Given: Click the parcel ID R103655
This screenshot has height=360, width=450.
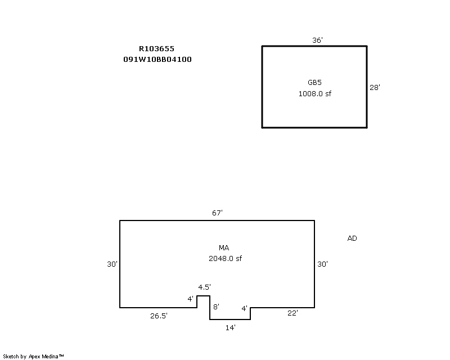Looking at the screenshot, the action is coord(156,48).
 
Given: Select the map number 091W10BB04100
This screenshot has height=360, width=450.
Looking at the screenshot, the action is coord(157,60).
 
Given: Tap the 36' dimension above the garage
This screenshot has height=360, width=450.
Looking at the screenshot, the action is coord(317,40).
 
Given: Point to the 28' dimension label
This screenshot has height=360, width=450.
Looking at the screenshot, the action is coord(375,87).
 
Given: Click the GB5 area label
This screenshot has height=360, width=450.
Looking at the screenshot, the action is coord(314,82).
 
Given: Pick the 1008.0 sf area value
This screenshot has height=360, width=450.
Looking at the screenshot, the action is coord(315,93).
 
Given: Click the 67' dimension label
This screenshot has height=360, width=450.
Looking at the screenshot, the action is coord(217,213).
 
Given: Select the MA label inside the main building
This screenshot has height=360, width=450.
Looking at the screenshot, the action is coord(224,247).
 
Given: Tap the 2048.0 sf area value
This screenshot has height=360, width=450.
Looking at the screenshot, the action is coord(226,258).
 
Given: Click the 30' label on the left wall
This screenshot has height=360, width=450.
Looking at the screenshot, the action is coord(112,264).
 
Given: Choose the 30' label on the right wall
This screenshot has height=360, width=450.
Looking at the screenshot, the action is coord(322,264).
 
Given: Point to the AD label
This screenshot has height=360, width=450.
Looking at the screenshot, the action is coord(352,238).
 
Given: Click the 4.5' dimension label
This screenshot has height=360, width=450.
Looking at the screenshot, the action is coord(204,287).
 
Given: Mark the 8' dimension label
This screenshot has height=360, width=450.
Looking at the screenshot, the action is coord(217,307).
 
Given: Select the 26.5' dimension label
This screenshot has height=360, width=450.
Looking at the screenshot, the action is coord(159,316).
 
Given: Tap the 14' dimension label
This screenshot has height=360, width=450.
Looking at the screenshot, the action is coord(231,327).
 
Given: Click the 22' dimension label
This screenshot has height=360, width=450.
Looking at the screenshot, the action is coord(292,313).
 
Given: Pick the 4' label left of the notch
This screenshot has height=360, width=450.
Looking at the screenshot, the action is coord(190,299).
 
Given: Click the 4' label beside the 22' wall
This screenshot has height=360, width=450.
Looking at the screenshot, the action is coord(244,308).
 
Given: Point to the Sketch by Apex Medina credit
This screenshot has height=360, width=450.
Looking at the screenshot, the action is coord(33,357).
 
